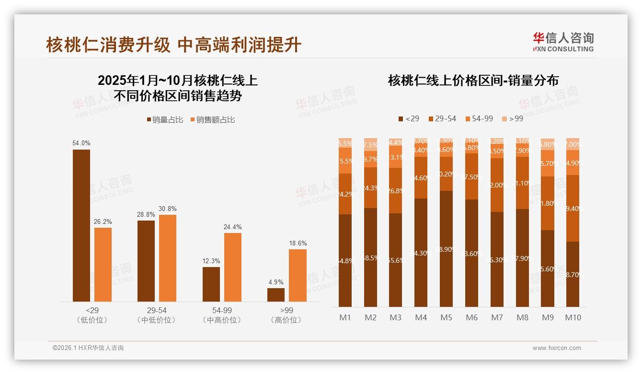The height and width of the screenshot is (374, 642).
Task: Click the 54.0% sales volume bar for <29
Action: [x=81, y=225]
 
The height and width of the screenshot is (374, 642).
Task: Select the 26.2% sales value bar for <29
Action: [x=103, y=264]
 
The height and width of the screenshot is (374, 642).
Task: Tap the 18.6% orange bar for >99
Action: [x=298, y=275]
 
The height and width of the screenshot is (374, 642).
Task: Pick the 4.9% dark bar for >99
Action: [x=276, y=294]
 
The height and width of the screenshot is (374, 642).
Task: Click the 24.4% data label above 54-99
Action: [x=232, y=227]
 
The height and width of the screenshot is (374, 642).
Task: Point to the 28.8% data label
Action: [x=146, y=214]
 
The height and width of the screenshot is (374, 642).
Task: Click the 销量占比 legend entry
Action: [x=165, y=119]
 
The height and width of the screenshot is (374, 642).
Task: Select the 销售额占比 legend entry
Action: [x=212, y=119]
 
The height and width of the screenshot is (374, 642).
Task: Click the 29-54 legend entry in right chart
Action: [x=442, y=118]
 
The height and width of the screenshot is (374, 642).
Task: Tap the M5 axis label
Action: [x=446, y=317]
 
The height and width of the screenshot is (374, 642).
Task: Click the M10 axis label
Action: [x=573, y=317]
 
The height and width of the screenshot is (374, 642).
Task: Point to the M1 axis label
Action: [x=345, y=317]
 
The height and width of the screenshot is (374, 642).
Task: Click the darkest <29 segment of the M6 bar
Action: [x=471, y=253]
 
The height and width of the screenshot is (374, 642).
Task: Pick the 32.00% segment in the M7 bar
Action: [x=497, y=185]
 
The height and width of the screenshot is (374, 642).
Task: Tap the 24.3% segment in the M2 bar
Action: [x=370, y=188]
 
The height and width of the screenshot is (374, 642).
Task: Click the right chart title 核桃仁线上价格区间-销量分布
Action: [x=473, y=81]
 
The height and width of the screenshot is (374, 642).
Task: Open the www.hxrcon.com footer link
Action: [x=557, y=348]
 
